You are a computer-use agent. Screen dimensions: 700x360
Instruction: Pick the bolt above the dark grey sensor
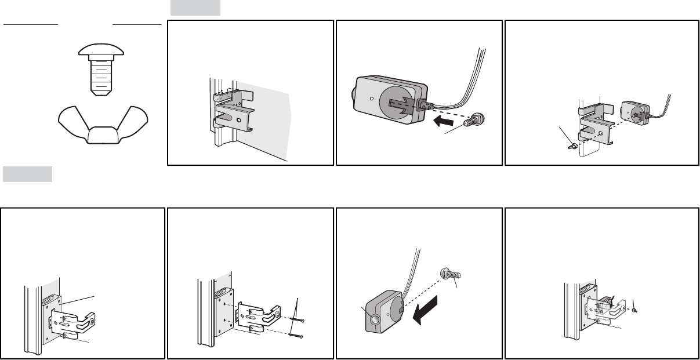[x=449, y=275]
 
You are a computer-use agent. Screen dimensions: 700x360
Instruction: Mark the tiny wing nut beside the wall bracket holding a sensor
[x=636, y=311]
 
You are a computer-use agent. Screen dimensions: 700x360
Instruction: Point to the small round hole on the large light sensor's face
[x=371, y=99]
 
